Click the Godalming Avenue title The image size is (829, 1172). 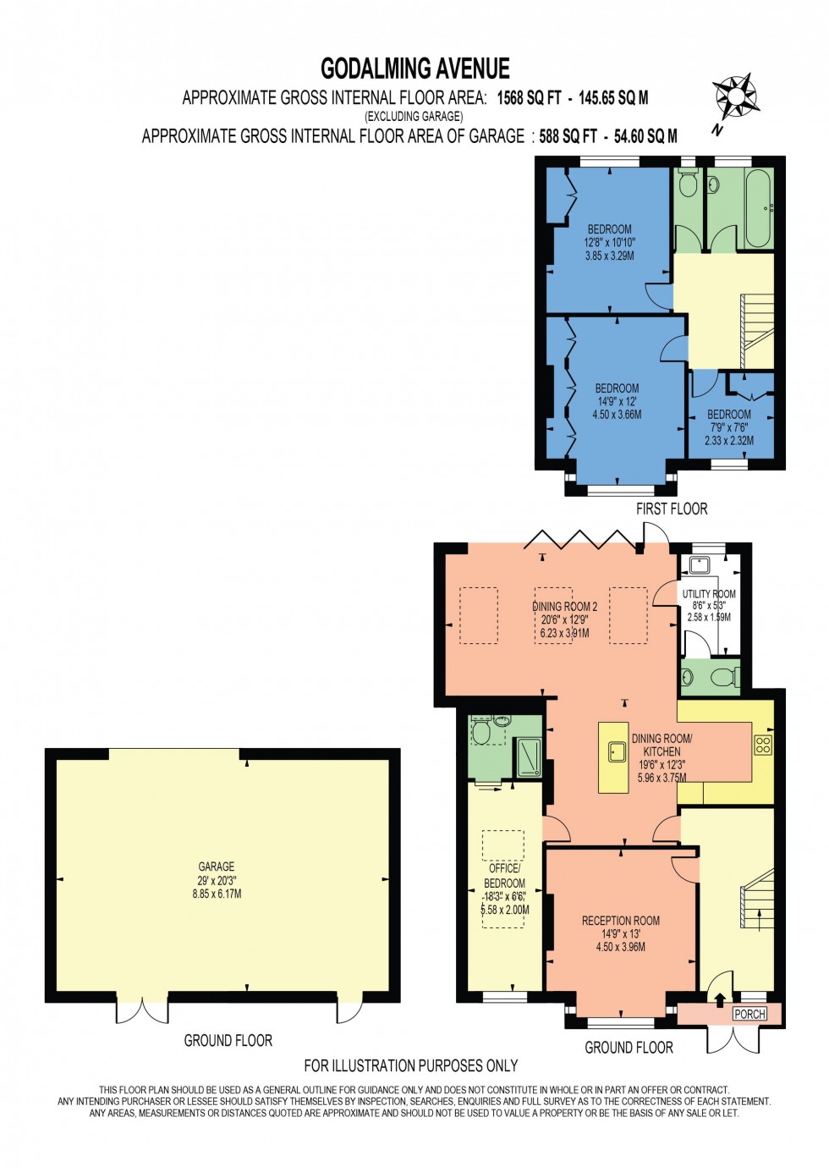click(414, 69)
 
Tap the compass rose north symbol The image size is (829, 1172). click(733, 96)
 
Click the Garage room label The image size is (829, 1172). click(217, 867)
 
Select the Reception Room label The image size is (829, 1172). click(620, 921)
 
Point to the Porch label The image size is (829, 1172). click(749, 1014)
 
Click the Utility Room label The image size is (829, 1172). click(709, 594)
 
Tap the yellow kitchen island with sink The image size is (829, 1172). click(613, 757)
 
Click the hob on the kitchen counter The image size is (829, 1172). click(762, 745)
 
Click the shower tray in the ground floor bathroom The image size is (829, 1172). click(529, 757)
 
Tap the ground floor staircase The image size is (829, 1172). click(757, 900)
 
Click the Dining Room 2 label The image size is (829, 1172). click(564, 607)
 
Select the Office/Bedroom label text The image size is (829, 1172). click(504, 876)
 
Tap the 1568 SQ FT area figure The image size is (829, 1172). click(529, 98)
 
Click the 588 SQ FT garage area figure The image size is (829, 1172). click(568, 136)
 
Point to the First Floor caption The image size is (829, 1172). click(671, 509)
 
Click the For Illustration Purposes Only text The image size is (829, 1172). click(410, 1065)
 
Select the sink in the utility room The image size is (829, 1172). click(700, 564)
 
